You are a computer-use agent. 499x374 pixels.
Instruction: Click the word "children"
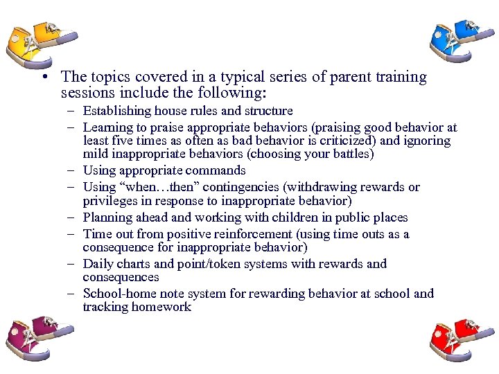284,217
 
